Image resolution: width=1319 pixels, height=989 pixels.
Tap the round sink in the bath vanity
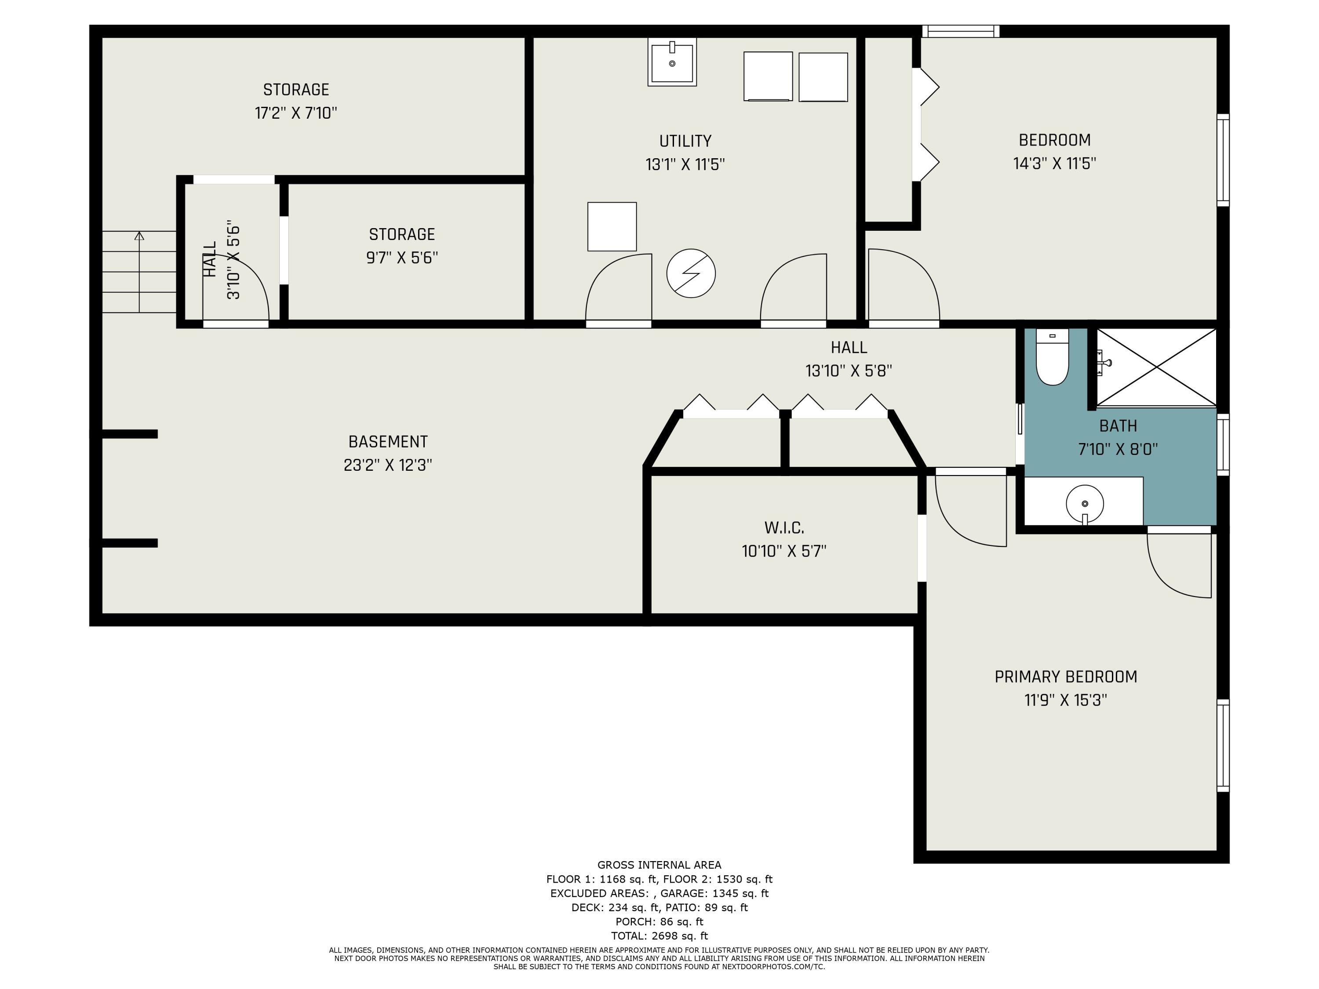coord(1085,504)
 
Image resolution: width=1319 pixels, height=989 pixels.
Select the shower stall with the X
coord(1156,368)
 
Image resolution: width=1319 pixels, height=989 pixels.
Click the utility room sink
coord(672,62)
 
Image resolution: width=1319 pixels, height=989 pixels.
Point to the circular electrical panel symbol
coord(691,273)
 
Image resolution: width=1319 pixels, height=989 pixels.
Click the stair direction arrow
coord(139,272)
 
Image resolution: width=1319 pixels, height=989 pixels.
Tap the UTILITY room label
coord(685,141)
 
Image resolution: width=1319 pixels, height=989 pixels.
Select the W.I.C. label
coord(784,527)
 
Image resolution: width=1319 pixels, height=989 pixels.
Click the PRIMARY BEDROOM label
coord(1066,676)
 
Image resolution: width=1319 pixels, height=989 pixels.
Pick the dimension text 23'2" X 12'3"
coord(388,465)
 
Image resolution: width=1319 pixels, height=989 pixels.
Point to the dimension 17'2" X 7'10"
coord(296,113)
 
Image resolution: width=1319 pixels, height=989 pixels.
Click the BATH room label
coord(1118,425)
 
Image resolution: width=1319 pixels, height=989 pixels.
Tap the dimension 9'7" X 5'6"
coord(402,258)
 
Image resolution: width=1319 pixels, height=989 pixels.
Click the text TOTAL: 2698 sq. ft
coord(659,936)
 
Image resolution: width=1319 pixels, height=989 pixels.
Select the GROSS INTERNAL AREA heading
coord(659,865)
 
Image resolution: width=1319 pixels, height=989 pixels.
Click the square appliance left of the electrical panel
coord(612,226)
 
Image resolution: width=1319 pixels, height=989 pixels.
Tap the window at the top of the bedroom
coord(961,31)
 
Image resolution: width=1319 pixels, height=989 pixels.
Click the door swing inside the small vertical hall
coord(236,288)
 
